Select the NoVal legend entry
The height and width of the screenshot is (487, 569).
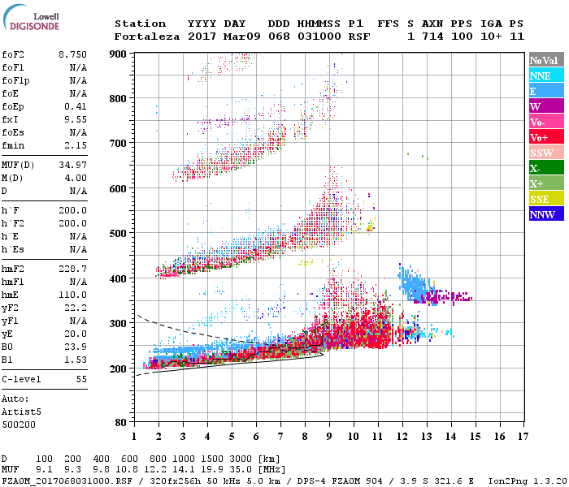545,60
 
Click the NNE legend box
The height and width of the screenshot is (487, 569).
545,75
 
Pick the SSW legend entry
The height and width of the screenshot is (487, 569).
545,153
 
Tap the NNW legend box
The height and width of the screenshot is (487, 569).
545,215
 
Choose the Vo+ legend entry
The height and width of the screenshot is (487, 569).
545,137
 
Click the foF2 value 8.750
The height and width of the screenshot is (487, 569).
72,54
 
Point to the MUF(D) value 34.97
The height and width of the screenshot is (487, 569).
72,165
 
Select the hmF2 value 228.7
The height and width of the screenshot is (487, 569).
72,267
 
